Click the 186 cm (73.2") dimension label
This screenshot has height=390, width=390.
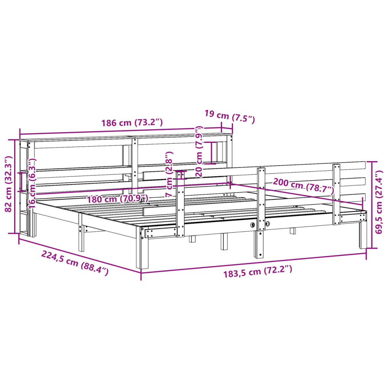coord(132,123)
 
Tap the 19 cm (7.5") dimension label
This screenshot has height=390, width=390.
coord(229,116)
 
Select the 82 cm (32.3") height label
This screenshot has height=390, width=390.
coord(10,185)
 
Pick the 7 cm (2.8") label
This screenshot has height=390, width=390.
coord(169,174)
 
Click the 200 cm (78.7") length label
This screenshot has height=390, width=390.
coord(303,185)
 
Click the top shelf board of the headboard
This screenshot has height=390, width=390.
coord(126,137)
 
